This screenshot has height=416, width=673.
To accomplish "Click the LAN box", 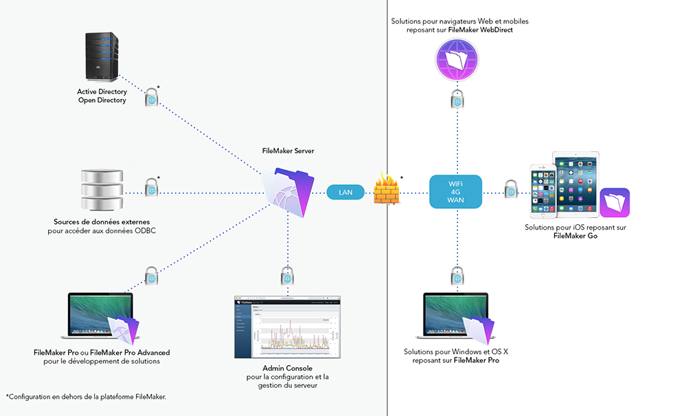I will coord(345,192).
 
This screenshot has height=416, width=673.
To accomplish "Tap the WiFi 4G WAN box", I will coord(456,192).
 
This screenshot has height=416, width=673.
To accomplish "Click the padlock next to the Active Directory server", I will coord(152,98).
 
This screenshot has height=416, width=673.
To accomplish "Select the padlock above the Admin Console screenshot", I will coord(288,276).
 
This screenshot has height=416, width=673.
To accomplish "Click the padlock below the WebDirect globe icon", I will coord(456,99).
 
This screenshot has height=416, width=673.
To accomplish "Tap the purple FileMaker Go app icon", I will coord(615,203).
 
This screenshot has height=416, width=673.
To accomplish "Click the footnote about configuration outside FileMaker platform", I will coord(86,397).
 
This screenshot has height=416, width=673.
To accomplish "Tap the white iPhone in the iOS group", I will coord(543,190).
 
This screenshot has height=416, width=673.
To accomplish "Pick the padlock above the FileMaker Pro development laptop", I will coord(152,276).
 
